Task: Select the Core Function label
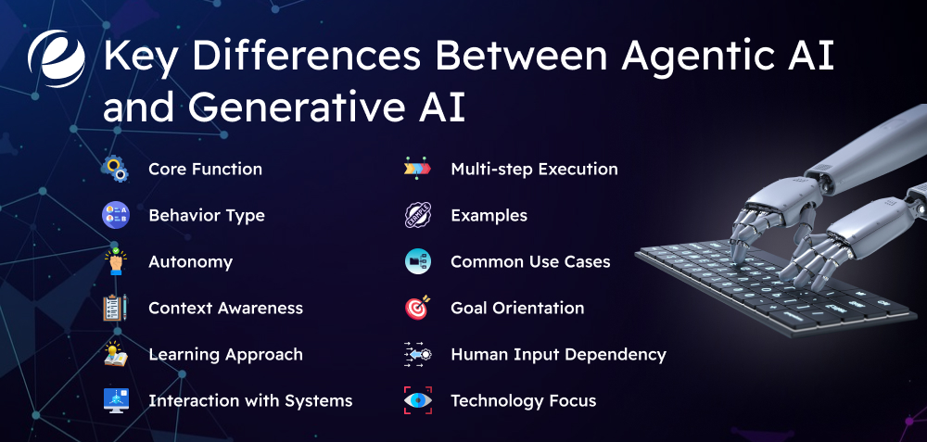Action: coord(205,169)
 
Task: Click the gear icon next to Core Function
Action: coord(116,169)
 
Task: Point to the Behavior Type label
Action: coord(206,215)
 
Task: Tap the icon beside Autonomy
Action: coord(116,261)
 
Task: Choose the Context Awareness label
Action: coord(225,308)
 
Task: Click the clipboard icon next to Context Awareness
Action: coord(116,308)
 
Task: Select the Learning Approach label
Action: coord(225,354)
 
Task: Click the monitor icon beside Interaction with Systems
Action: coord(116,400)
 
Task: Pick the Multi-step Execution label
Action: coord(534,169)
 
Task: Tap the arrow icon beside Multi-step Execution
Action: coord(417,169)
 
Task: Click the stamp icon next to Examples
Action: coord(417,215)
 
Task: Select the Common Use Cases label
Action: coord(530,261)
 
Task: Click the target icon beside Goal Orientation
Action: coord(417,308)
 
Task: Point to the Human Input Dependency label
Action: coord(558,354)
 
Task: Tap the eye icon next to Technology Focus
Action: coord(417,400)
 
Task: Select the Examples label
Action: coord(489,215)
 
